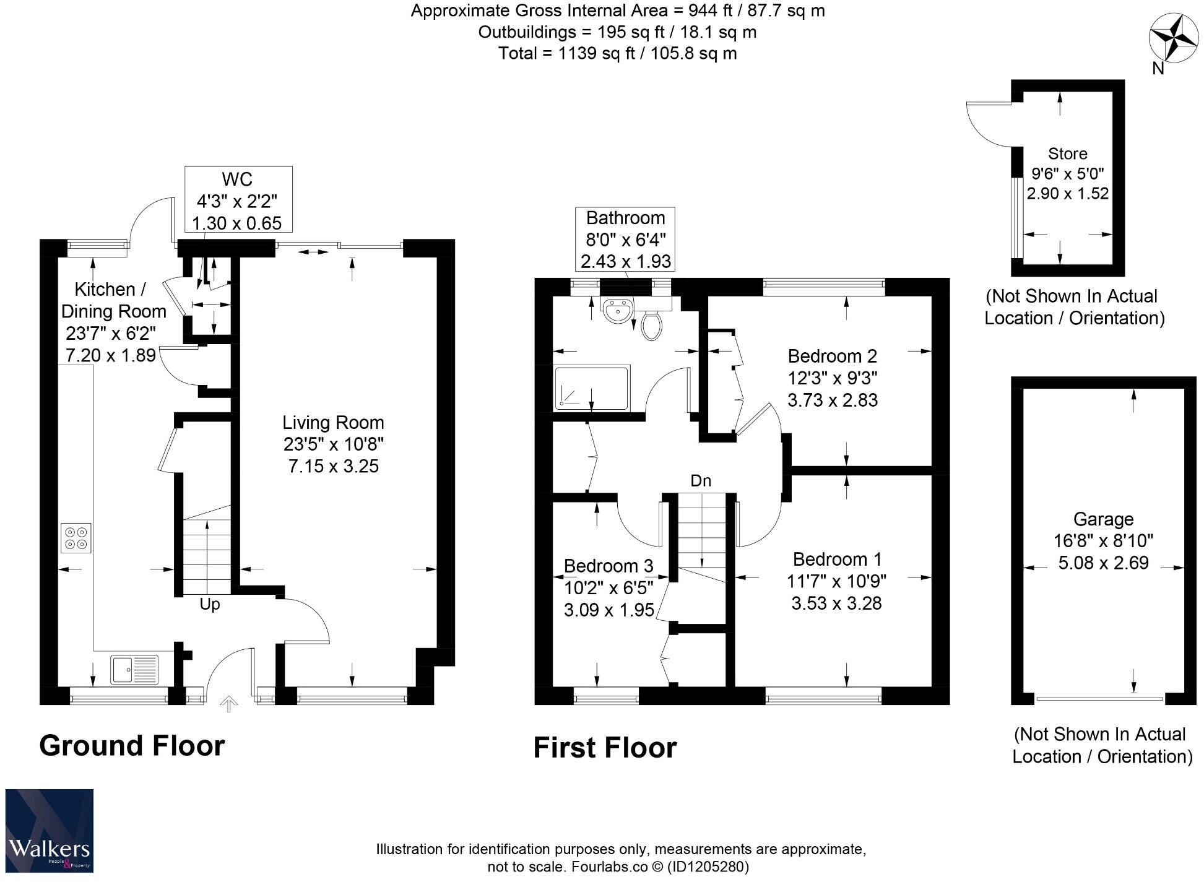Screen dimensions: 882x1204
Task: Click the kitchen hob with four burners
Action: click(x=76, y=538)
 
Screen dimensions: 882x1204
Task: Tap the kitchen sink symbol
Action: click(x=134, y=670)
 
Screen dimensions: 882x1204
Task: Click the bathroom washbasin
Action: click(x=617, y=311)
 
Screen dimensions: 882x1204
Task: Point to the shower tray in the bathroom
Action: click(x=592, y=387)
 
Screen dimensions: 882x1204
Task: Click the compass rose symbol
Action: click(x=1174, y=38)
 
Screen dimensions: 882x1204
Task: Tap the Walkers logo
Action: click(x=50, y=831)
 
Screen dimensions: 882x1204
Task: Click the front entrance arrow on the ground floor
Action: click(x=229, y=704)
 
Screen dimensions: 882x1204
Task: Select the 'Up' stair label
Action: click(x=210, y=604)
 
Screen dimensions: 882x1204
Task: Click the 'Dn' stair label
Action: click(x=701, y=481)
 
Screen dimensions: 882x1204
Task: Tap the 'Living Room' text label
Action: click(x=333, y=423)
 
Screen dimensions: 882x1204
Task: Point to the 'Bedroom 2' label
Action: click(x=832, y=356)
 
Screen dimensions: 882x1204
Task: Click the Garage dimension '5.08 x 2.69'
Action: click(x=1103, y=563)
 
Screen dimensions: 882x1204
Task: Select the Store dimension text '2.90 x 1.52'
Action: click(x=1067, y=193)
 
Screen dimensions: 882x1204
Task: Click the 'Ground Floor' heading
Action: click(x=132, y=745)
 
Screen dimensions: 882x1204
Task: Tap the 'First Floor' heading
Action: click(x=605, y=748)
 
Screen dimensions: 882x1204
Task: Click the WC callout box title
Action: click(x=237, y=179)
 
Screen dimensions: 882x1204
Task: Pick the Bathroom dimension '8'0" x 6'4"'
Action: click(x=625, y=240)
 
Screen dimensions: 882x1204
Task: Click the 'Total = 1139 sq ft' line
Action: click(x=617, y=53)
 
